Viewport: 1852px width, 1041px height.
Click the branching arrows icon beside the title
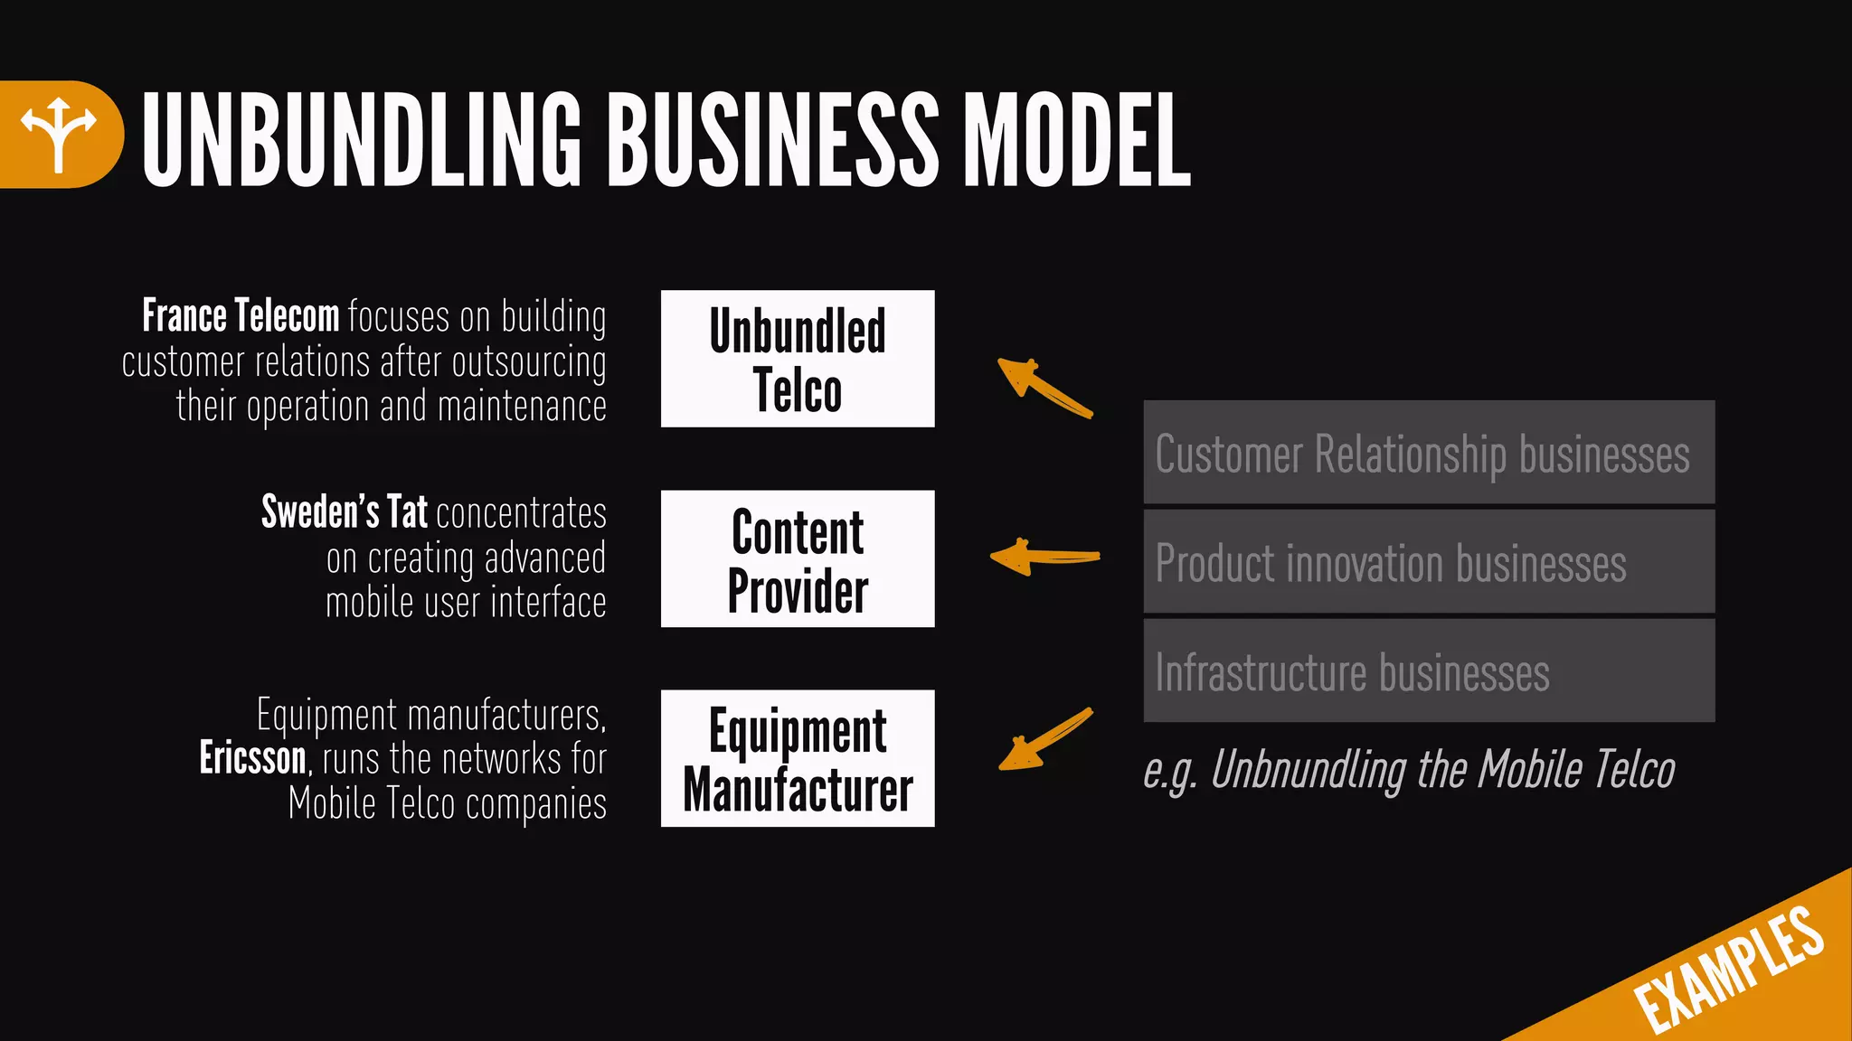[x=59, y=134]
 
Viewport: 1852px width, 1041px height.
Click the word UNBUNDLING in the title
[x=362, y=140]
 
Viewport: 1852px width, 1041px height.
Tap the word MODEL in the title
[x=1076, y=140]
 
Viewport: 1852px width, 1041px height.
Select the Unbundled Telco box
[x=798, y=359]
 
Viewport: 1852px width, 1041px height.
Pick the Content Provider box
[x=798, y=558]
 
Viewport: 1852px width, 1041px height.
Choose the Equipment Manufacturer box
[x=798, y=758]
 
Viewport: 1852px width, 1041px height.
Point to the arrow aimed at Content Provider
[x=1044, y=557]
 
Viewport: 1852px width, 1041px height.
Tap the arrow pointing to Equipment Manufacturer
[x=1044, y=740]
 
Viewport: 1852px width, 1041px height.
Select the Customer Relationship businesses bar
[x=1429, y=453]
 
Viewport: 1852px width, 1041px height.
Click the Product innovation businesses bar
[x=1429, y=562]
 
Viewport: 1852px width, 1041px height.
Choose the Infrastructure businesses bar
[x=1429, y=671]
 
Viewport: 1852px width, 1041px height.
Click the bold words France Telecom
[x=241, y=316]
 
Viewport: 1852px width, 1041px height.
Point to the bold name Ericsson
[x=253, y=758]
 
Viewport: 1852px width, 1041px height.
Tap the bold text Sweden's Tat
[x=345, y=512]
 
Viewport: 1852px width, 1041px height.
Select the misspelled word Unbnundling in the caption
[x=1308, y=770]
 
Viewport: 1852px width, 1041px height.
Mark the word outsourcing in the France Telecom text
[x=529, y=362]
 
